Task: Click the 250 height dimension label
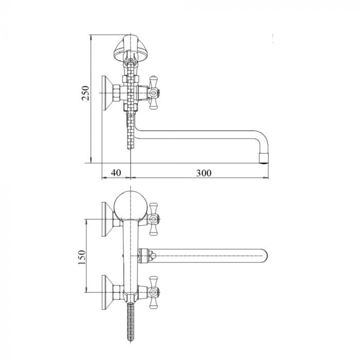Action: (85, 93)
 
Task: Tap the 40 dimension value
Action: (116, 173)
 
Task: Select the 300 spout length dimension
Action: (204, 173)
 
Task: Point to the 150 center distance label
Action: (82, 257)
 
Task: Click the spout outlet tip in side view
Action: (264, 158)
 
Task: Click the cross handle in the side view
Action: (153, 93)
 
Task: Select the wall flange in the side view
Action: (107, 93)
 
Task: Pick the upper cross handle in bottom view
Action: (153, 219)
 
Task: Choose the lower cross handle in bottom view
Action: (153, 292)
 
